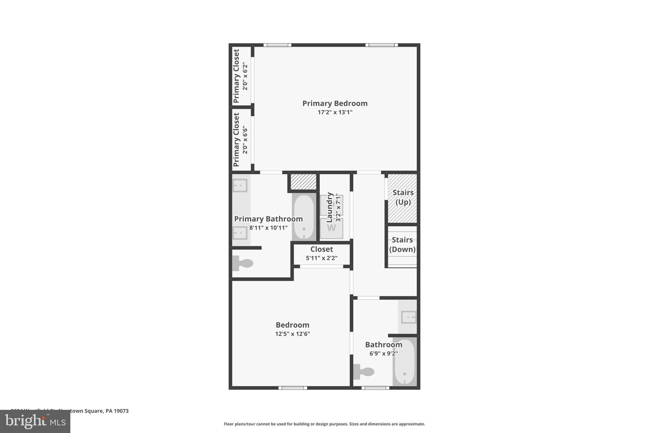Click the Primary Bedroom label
pyautogui.click(x=335, y=103)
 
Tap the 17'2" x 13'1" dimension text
pyautogui.click(x=335, y=112)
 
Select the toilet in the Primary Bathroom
pyautogui.click(x=243, y=263)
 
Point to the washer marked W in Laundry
pyautogui.click(x=331, y=228)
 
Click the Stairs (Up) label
pyautogui.click(x=403, y=197)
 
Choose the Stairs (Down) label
pyautogui.click(x=402, y=245)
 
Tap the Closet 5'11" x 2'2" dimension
pyautogui.click(x=321, y=258)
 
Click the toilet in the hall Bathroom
pyautogui.click(x=364, y=371)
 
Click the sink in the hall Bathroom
pyautogui.click(x=408, y=317)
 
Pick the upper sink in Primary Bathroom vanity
pyautogui.click(x=240, y=185)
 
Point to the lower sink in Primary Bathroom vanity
pyautogui.click(x=240, y=233)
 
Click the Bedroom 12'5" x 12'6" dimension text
pyautogui.click(x=292, y=334)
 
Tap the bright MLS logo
pyautogui.click(x=35, y=422)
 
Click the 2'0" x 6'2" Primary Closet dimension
pyautogui.click(x=245, y=76)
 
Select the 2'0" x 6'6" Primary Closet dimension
pyautogui.click(x=245, y=140)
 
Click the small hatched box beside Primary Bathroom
pyautogui.click(x=303, y=182)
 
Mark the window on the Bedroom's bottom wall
pyautogui.click(x=292, y=388)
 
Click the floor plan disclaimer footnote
pyautogui.click(x=324, y=424)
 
